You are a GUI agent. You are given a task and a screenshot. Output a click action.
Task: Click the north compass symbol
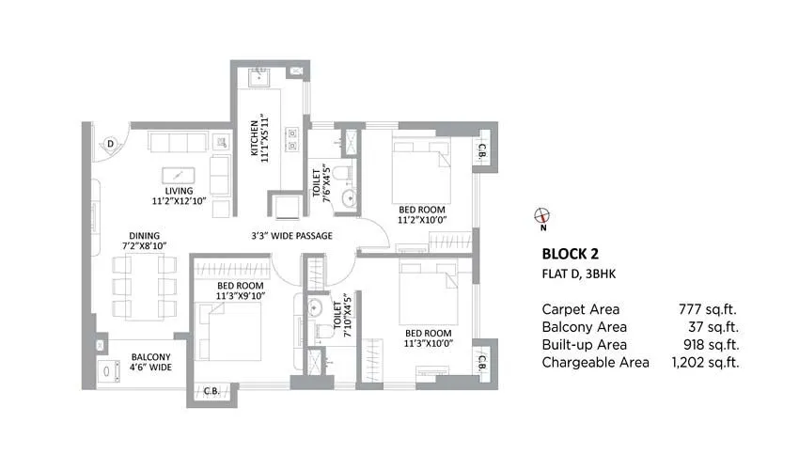coord(541,214)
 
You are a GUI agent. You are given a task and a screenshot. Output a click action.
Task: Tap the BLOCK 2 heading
coord(571,254)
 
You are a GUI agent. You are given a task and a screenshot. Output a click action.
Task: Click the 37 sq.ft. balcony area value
coord(713,326)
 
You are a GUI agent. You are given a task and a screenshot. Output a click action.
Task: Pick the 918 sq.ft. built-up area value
coord(708,344)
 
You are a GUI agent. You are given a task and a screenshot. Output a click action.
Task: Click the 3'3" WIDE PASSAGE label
coord(290,236)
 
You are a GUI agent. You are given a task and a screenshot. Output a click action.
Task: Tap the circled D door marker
coord(110,143)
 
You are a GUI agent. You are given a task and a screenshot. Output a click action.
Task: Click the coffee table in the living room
coord(179,174)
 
